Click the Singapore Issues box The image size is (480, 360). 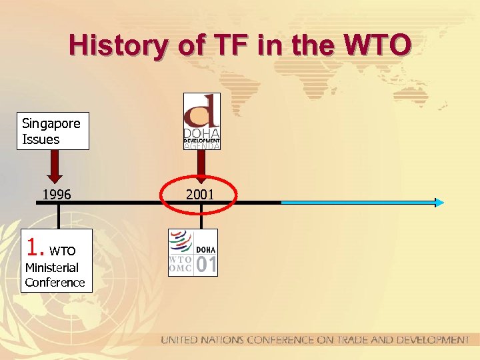(x=53, y=131)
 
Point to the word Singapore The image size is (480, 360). (x=51, y=123)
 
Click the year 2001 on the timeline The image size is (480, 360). (x=200, y=195)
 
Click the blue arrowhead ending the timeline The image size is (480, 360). (x=439, y=202)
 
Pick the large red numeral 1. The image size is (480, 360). (x=33, y=249)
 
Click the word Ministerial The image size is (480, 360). (x=51, y=268)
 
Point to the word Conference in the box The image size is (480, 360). (x=55, y=283)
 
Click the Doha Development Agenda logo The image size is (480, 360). (x=201, y=121)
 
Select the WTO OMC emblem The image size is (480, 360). (x=180, y=252)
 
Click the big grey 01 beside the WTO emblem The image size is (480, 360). (x=206, y=265)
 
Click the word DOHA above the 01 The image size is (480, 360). (x=206, y=248)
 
